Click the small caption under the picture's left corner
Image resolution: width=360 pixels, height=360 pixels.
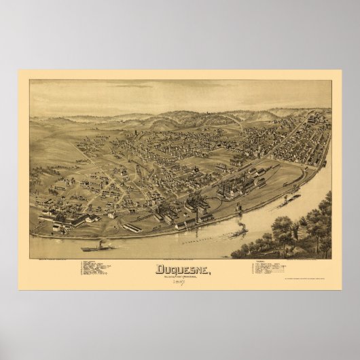point(51,260)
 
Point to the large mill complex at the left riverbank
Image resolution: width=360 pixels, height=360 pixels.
point(68,218)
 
